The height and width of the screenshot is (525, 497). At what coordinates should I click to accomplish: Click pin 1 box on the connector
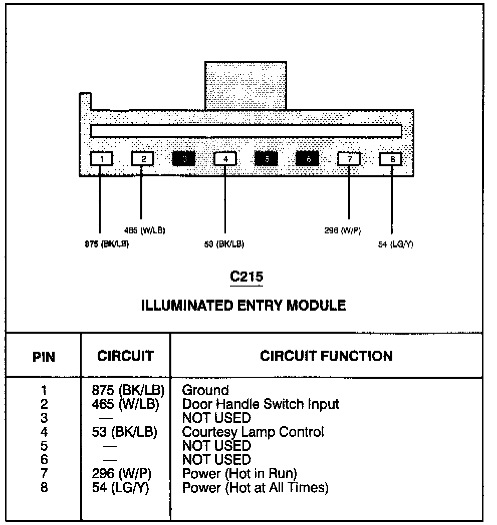click(102, 159)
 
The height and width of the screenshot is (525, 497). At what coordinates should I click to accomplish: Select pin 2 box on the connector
click(143, 159)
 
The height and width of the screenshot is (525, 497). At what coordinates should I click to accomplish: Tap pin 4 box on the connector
click(225, 159)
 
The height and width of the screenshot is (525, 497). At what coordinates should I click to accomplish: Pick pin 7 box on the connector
click(349, 159)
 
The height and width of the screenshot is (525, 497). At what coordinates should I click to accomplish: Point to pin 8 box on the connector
click(392, 159)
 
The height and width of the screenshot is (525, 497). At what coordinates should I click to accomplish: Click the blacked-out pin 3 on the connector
click(184, 159)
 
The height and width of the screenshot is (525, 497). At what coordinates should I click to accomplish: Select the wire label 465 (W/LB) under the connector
click(145, 230)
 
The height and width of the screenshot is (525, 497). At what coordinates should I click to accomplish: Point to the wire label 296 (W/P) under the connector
click(343, 230)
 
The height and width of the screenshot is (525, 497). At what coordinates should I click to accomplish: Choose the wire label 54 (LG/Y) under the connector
click(396, 244)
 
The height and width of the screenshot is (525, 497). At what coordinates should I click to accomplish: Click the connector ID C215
click(246, 277)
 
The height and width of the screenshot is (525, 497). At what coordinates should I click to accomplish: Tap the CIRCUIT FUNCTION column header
click(326, 356)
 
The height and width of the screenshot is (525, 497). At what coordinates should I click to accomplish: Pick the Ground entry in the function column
click(205, 390)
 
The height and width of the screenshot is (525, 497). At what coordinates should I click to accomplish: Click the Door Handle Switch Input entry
click(261, 403)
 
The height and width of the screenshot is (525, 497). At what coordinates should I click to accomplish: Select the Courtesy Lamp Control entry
click(253, 431)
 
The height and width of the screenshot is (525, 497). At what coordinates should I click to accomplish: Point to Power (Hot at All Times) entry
click(256, 487)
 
